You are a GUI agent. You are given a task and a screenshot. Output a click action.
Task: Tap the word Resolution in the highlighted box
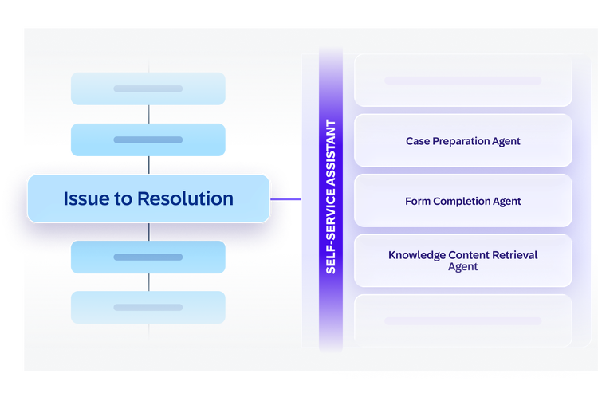pyautogui.click(x=185, y=198)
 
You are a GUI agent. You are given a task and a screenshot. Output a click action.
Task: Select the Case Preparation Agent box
pyautogui.click(x=463, y=141)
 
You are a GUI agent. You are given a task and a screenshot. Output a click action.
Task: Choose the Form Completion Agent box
pyautogui.click(x=463, y=201)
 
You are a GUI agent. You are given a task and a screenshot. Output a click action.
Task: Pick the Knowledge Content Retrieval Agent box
pyautogui.click(x=463, y=261)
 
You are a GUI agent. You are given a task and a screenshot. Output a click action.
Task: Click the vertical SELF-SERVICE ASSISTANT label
pyautogui.click(x=331, y=197)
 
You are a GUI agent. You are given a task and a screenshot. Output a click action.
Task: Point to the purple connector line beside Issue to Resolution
pyautogui.click(x=285, y=199)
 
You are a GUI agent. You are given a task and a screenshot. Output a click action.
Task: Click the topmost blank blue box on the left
pyautogui.click(x=148, y=88)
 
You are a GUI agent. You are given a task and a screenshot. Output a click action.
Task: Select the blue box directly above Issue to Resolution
pyautogui.click(x=148, y=140)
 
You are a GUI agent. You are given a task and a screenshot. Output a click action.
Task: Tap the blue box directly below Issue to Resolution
pyautogui.click(x=148, y=257)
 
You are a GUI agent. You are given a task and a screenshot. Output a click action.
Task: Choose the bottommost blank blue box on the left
pyautogui.click(x=148, y=308)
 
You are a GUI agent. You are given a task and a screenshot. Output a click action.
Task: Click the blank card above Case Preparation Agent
pyautogui.click(x=463, y=81)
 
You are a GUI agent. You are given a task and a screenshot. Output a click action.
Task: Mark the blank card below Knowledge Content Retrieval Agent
pyautogui.click(x=463, y=320)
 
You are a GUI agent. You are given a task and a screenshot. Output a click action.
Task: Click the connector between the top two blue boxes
pyautogui.click(x=148, y=114)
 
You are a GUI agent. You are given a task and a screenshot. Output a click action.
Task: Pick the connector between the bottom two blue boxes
pyautogui.click(x=148, y=282)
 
